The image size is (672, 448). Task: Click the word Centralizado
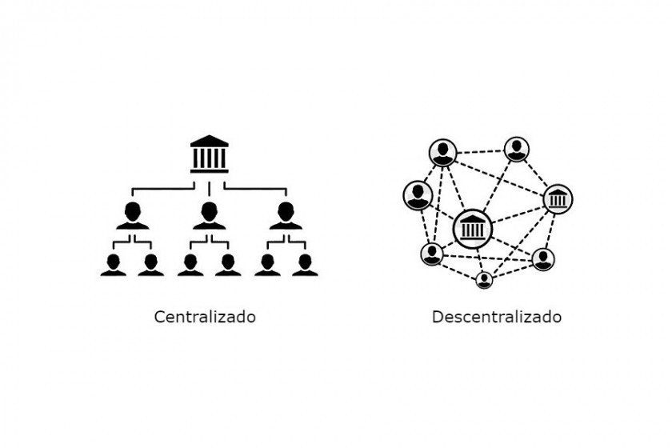pos(205,317)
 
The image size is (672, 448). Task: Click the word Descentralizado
pos(497,317)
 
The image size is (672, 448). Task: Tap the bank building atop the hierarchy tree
pos(209,154)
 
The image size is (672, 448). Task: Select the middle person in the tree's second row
pos(209,216)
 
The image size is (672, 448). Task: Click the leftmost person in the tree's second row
pos(133,216)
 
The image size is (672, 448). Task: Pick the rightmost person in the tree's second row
pos(286,216)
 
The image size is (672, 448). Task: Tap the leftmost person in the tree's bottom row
pos(114,265)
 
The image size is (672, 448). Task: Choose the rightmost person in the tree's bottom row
pos(305,265)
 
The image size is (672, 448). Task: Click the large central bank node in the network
pos(473,229)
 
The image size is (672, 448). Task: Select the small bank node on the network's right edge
pos(558,199)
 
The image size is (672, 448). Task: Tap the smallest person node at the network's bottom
pos(484,280)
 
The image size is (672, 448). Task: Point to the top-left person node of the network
pos(442,152)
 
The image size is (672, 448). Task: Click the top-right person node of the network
pos(517,149)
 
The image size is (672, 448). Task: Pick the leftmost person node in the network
pos(418,195)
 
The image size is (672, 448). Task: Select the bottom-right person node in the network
pos(543,259)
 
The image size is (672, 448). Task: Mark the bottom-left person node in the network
pos(432,254)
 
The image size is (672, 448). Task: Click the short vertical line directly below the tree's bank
pos(209,189)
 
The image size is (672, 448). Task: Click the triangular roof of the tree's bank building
pos(209,141)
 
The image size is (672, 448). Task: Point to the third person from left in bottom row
pos(190,265)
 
